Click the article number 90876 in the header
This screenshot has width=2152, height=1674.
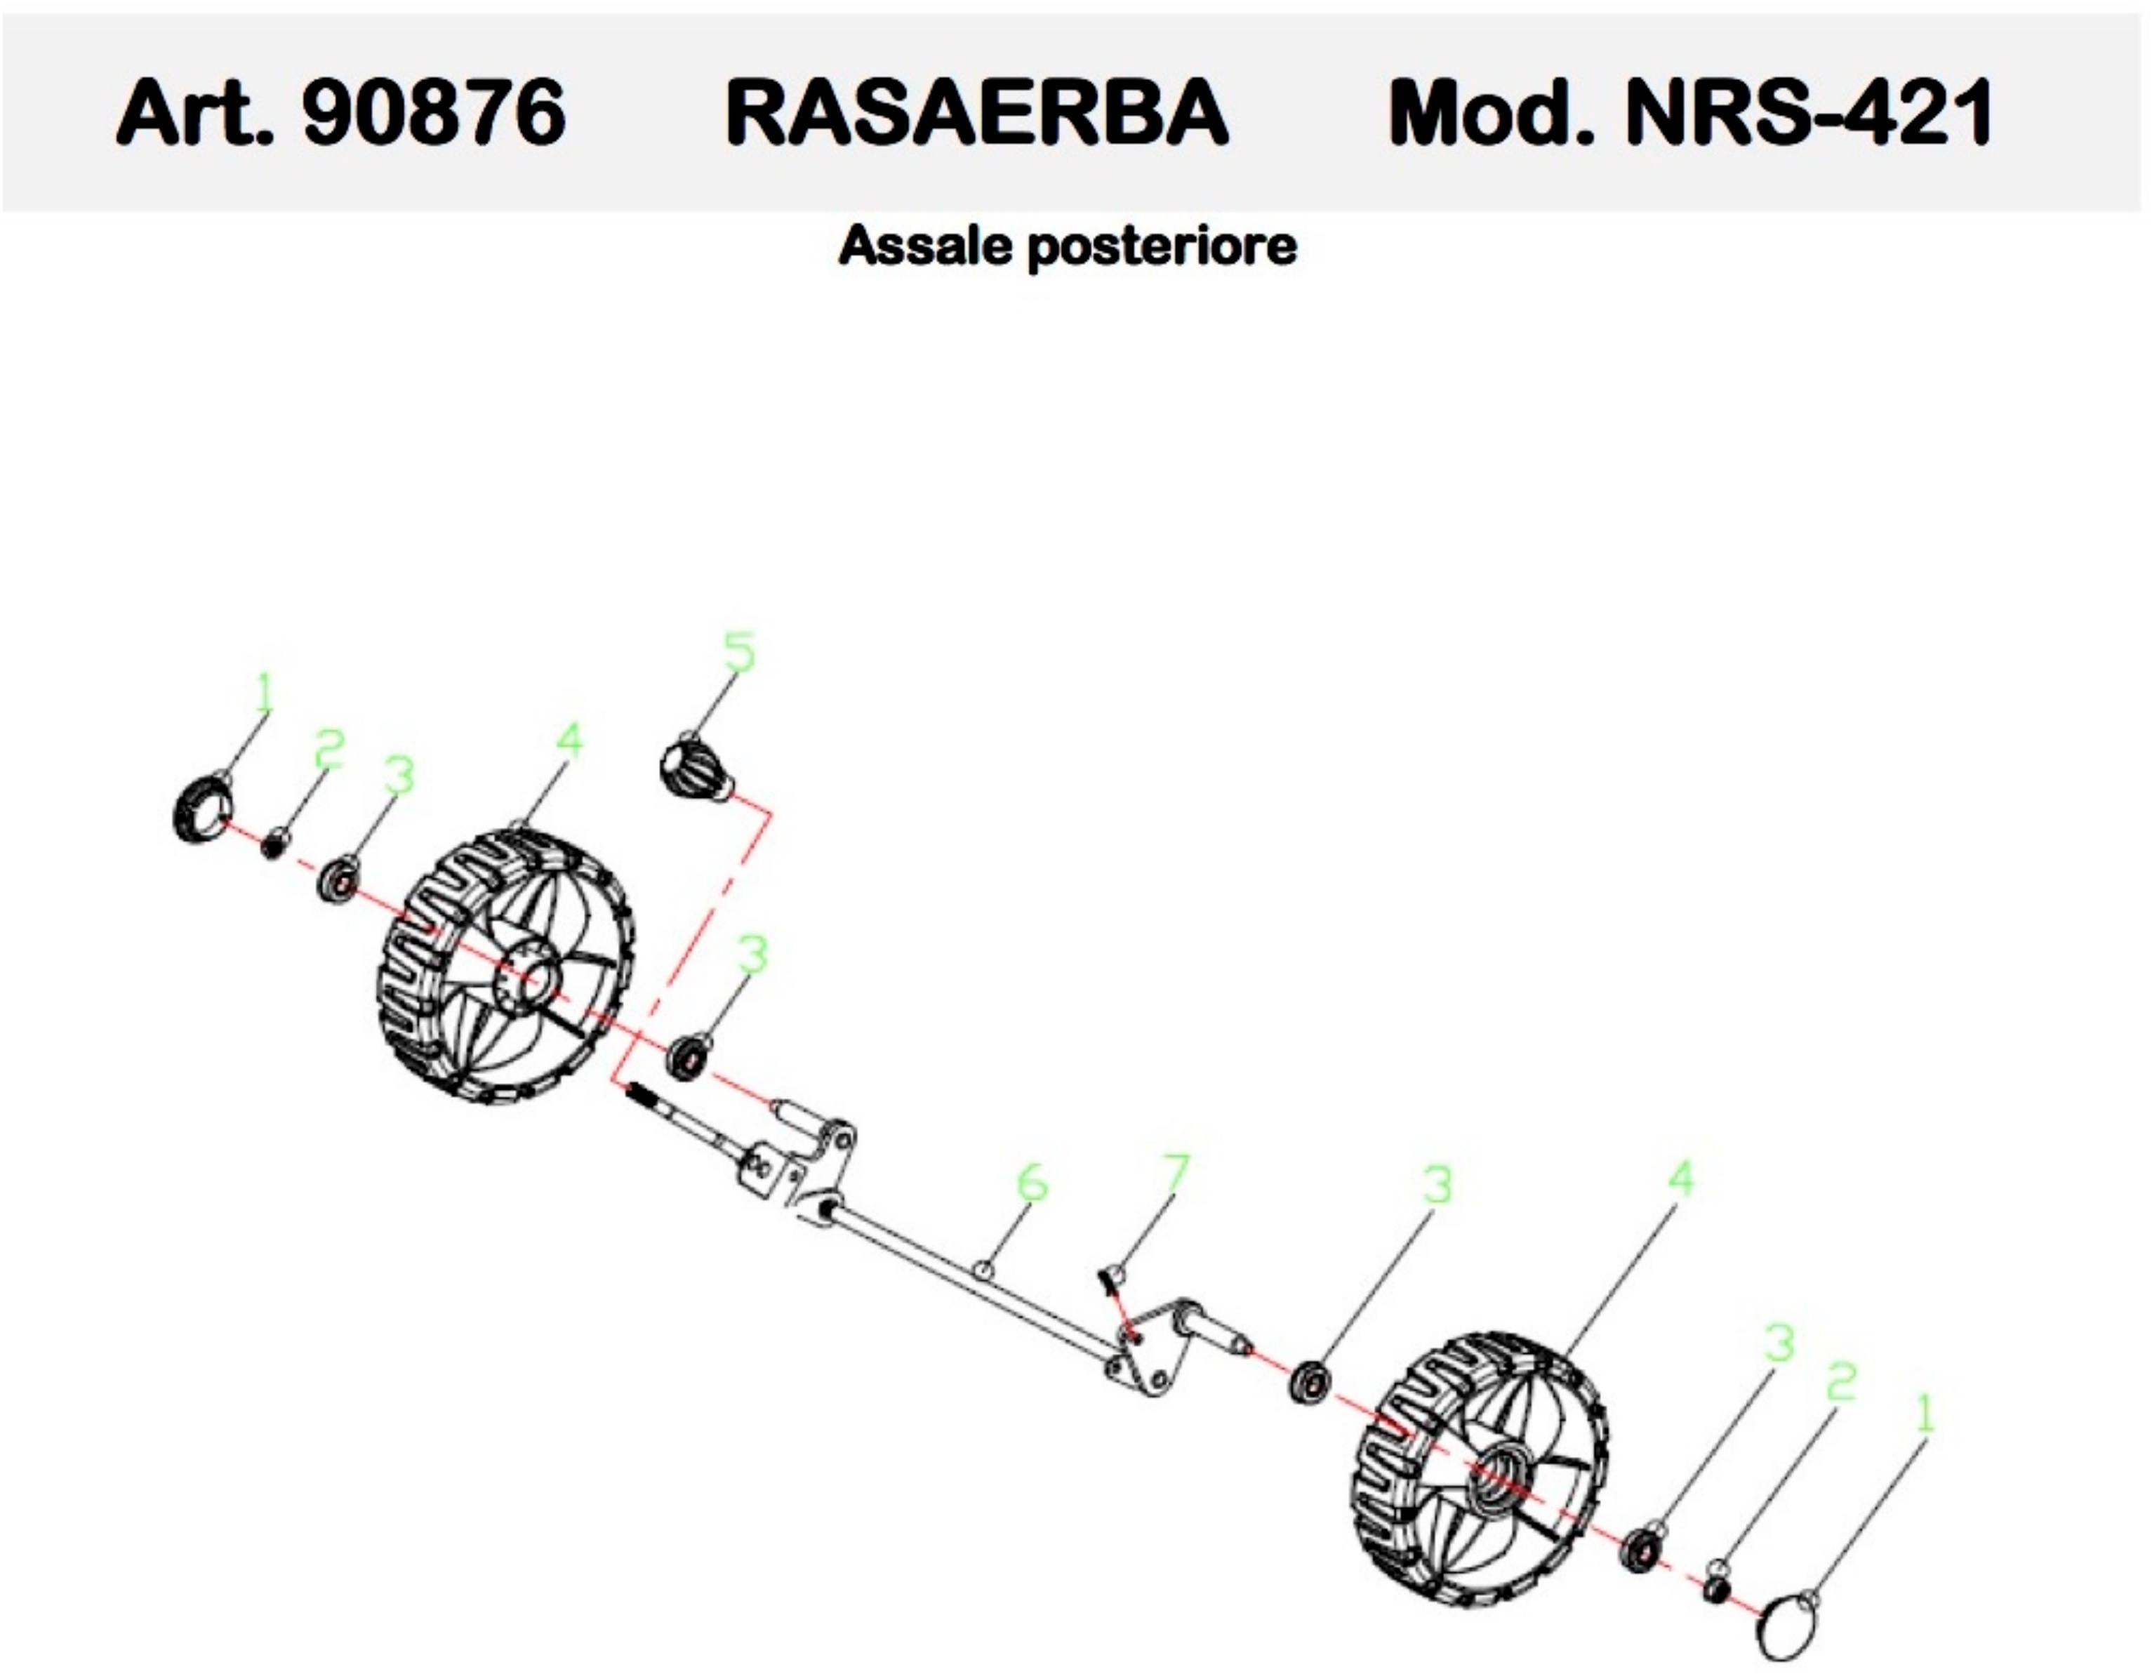[x=434, y=112]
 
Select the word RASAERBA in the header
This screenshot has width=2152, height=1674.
[x=976, y=112]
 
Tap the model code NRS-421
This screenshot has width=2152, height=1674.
[x=1808, y=112]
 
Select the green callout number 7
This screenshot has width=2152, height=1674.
[x=1174, y=1174]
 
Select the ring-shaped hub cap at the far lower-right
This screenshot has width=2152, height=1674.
[x=1786, y=1633]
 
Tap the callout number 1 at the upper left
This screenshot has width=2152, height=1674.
[x=263, y=693]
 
